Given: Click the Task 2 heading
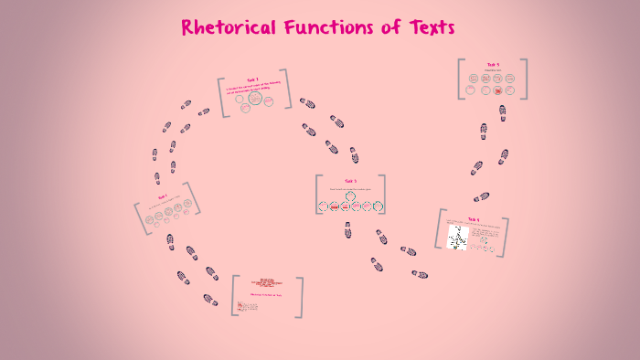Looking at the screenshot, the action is click(x=251, y=79).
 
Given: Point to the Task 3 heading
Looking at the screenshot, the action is click(x=350, y=181).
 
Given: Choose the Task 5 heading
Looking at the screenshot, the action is click(x=493, y=65).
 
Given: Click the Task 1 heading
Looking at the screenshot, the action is click(x=162, y=196).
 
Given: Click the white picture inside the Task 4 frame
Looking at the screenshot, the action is click(x=457, y=238).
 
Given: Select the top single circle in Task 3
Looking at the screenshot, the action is click(x=350, y=196).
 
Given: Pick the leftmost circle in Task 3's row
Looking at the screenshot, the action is click(x=323, y=206).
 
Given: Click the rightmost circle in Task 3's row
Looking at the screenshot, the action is click(x=378, y=206).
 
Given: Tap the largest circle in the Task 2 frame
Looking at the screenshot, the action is click(x=255, y=98).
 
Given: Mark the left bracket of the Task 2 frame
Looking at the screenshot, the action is click(x=221, y=98).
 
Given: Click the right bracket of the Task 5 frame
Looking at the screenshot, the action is click(x=525, y=79).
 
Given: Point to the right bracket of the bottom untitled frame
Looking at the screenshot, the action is click(x=299, y=297).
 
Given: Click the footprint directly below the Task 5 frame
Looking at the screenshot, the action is click(x=502, y=111).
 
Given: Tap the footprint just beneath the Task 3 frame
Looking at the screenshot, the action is click(x=347, y=231).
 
